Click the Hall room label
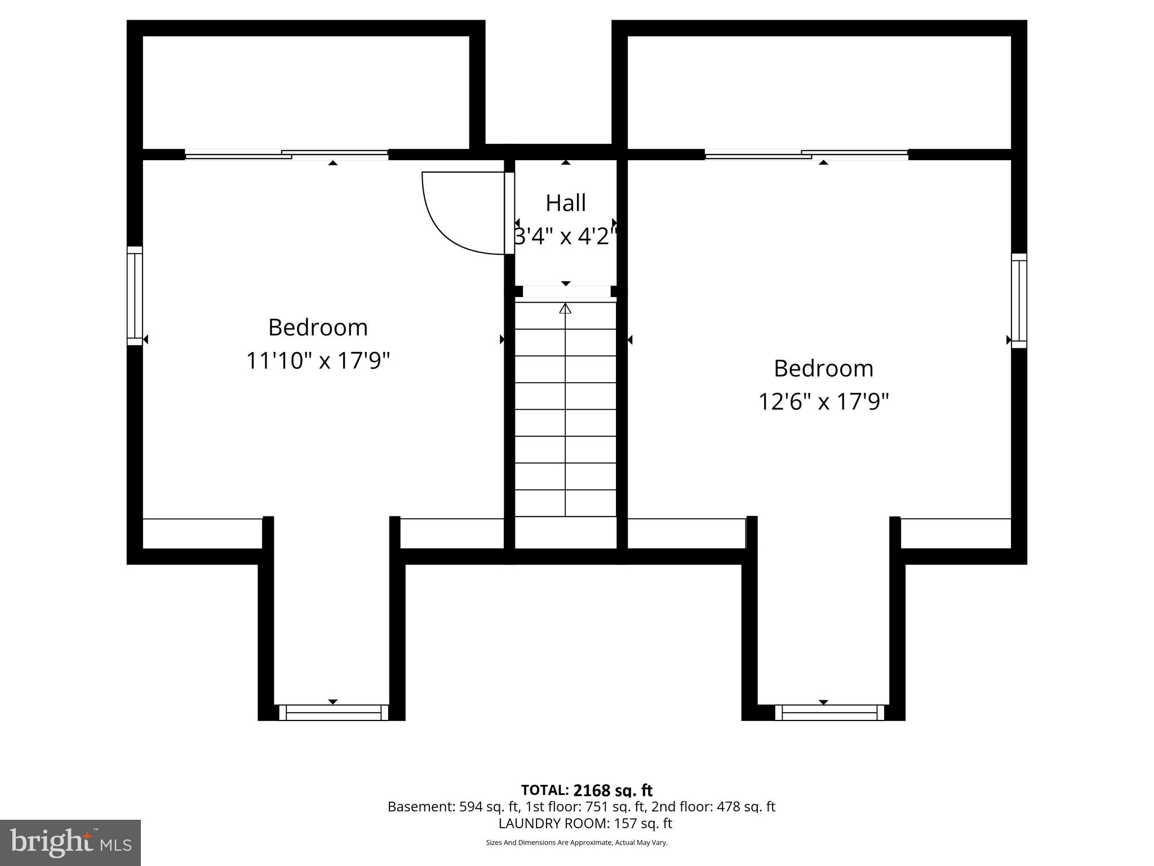[565, 203]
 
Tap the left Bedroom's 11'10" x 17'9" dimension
[318, 361]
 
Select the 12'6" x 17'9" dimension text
[823, 402]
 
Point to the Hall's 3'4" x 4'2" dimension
[565, 236]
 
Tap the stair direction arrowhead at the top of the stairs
[565, 308]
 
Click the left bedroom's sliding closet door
[286, 154]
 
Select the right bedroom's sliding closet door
[806, 154]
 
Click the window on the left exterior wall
[135, 295]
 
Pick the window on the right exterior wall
[1019, 300]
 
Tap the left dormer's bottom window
[334, 713]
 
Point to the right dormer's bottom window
[829, 713]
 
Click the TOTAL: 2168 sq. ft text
[587, 790]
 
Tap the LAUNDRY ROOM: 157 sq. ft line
[585, 823]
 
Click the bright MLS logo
[70, 842]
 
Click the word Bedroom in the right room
[823, 369]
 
